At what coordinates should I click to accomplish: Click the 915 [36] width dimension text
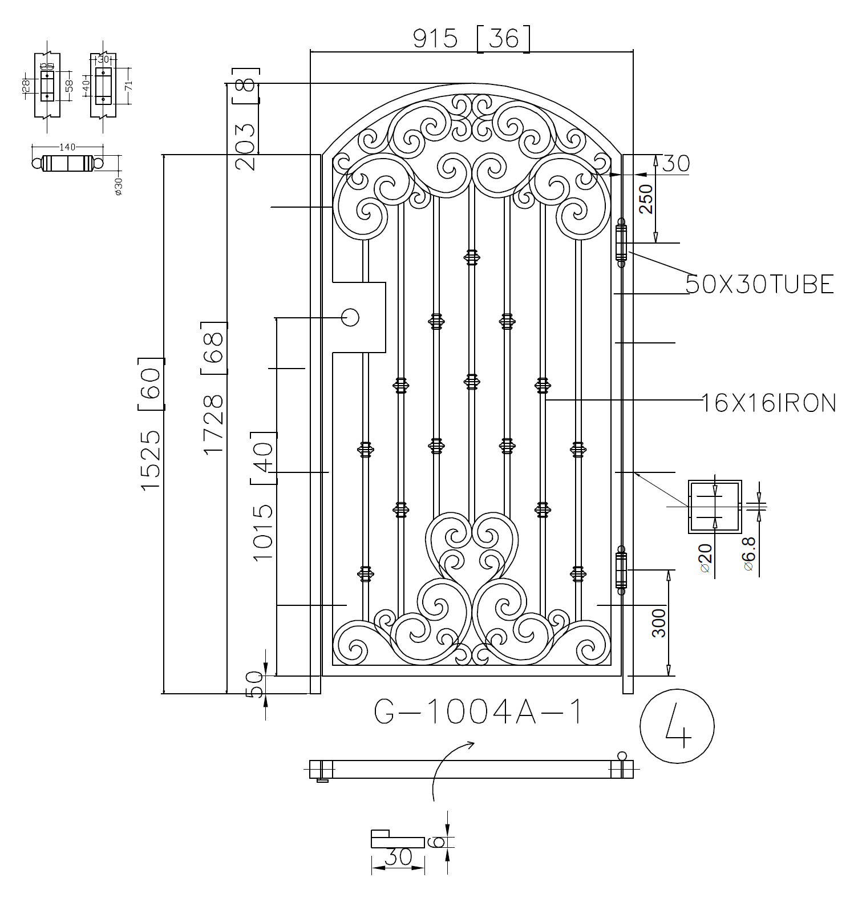pyautogui.click(x=471, y=39)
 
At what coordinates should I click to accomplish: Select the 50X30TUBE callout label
pyautogui.click(x=759, y=284)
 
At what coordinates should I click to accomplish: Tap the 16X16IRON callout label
pyautogui.click(x=768, y=403)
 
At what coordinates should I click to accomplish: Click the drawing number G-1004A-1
pyautogui.click(x=478, y=713)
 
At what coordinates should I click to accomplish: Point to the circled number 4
pyautogui.click(x=677, y=727)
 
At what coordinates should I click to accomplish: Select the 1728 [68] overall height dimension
pyautogui.click(x=214, y=388)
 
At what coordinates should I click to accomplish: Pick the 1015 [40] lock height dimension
pyautogui.click(x=263, y=496)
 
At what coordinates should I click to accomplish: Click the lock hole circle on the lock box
pyautogui.click(x=350, y=317)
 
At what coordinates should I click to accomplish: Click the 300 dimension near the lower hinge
pyautogui.click(x=658, y=623)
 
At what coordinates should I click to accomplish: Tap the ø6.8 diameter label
pyautogui.click(x=749, y=554)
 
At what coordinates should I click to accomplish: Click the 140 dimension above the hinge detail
pyautogui.click(x=67, y=147)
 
